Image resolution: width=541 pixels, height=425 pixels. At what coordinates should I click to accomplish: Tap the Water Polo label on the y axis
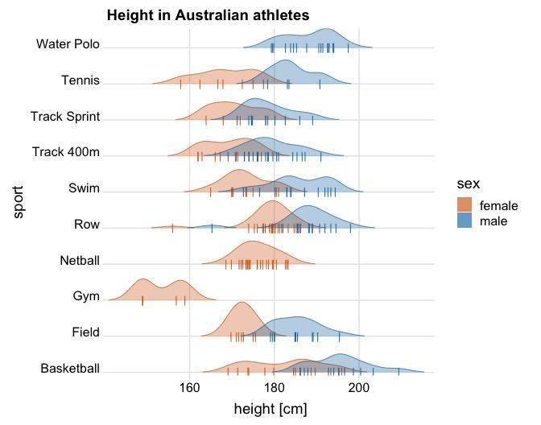pyautogui.click(x=68, y=43)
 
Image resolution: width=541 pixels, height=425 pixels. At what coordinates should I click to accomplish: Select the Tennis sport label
pyautogui.click(x=81, y=80)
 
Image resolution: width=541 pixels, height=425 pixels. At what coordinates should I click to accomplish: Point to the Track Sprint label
pyautogui.click(x=65, y=116)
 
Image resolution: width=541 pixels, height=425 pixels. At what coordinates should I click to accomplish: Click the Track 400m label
pyautogui.click(x=66, y=152)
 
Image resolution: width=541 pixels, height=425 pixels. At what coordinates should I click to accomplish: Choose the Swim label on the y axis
pyautogui.click(x=85, y=188)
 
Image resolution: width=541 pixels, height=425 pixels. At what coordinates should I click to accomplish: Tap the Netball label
pyautogui.click(x=80, y=261)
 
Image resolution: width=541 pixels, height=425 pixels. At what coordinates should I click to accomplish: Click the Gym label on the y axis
pyautogui.click(x=86, y=296)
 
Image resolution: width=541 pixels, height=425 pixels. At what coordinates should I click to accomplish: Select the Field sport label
pyautogui.click(x=85, y=332)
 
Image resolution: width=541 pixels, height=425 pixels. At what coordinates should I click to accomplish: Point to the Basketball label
pyautogui.click(x=70, y=369)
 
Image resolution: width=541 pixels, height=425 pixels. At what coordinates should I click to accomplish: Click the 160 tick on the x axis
pyautogui.click(x=189, y=388)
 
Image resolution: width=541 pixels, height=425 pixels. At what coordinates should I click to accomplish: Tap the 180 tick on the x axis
pyautogui.click(x=274, y=388)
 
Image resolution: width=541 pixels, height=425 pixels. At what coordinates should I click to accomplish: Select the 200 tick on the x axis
pyautogui.click(x=359, y=388)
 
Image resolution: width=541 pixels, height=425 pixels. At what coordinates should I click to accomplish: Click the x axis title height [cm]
pyautogui.click(x=270, y=410)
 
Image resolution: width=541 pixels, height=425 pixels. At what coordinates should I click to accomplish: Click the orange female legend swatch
pyautogui.click(x=465, y=204)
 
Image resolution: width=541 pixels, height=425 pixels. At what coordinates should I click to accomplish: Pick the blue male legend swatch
pyautogui.click(x=465, y=220)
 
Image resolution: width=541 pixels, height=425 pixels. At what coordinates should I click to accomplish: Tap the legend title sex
pyautogui.click(x=468, y=184)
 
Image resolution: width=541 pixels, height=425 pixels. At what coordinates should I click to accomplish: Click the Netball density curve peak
pyautogui.click(x=252, y=242)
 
